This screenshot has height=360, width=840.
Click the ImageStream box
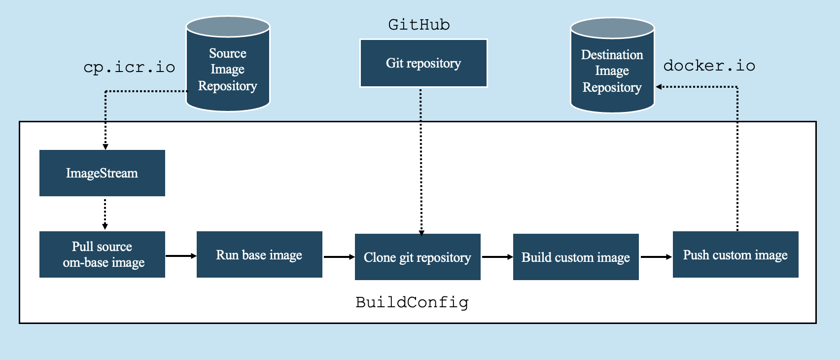click(102, 173)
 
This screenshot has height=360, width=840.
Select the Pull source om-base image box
click(102, 254)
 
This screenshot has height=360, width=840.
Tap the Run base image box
click(259, 254)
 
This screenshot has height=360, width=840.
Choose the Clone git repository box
click(418, 257)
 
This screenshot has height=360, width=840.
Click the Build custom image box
click(576, 257)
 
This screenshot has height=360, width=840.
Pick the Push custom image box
click(735, 254)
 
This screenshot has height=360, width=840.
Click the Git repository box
click(423, 63)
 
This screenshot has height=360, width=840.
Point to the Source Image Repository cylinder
click(228, 69)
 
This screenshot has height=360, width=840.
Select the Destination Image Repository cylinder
click(612, 71)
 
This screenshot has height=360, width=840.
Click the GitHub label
click(419, 25)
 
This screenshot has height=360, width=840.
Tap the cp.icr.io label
click(129, 67)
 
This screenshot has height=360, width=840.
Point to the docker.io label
click(709, 66)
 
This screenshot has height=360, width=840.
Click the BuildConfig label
click(412, 302)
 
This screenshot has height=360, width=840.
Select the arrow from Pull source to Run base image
click(180, 256)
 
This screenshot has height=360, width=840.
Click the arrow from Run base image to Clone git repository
click(339, 257)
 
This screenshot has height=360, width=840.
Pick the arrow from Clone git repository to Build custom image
click(497, 257)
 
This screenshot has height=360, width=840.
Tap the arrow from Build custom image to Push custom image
click(656, 257)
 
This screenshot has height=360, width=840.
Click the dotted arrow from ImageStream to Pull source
click(105, 214)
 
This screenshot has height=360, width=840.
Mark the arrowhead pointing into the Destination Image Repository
click(659, 87)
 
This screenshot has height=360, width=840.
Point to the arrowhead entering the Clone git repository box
click(421, 233)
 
